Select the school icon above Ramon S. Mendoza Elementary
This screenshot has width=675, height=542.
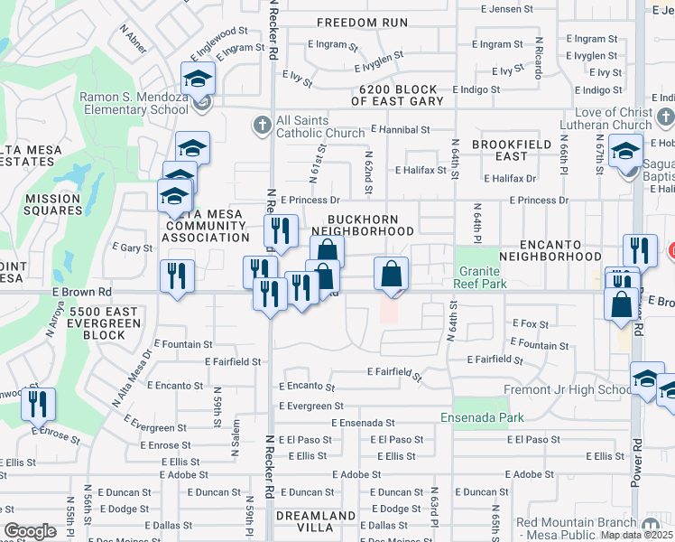tap(199, 78)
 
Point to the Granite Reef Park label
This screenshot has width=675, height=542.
tap(483, 277)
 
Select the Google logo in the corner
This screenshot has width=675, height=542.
tap(30, 531)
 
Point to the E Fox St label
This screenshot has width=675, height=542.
tap(530, 322)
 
